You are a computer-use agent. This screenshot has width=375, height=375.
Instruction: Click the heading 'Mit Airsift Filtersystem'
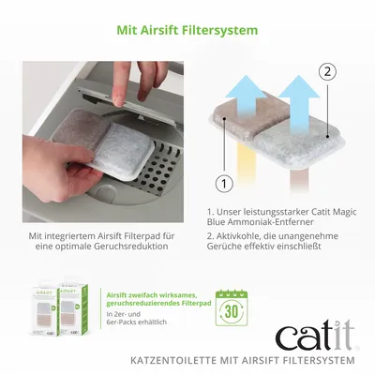coord(187,30)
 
